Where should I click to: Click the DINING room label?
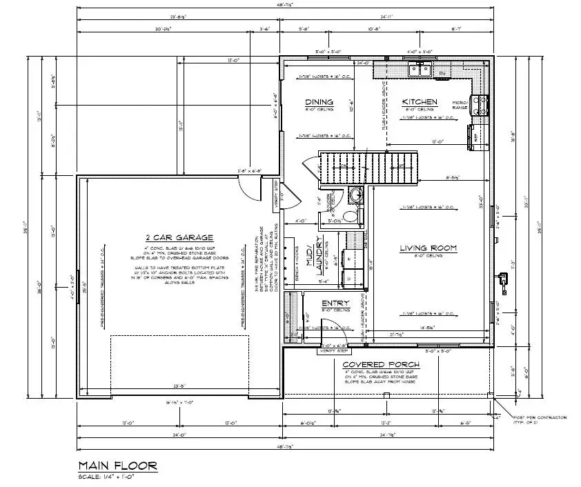pyautogui.click(x=319, y=102)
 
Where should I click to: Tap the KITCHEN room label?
pyautogui.click(x=420, y=102)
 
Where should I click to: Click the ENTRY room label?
pyautogui.click(x=335, y=303)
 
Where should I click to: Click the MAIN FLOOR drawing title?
pyautogui.click(x=117, y=466)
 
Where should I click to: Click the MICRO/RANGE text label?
pyautogui.click(x=461, y=105)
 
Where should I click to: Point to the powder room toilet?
pyautogui.click(x=352, y=216)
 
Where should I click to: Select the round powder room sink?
pyautogui.click(x=355, y=195)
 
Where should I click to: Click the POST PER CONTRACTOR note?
pyautogui.click(x=540, y=419)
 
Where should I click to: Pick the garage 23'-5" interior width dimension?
pyautogui.click(x=180, y=386)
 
